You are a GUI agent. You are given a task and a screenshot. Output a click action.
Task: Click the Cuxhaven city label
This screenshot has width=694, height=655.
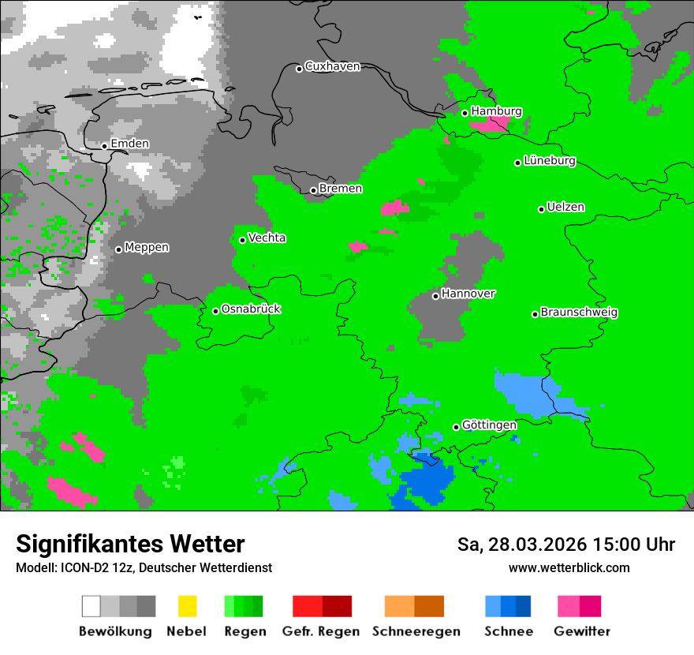[x=332, y=66]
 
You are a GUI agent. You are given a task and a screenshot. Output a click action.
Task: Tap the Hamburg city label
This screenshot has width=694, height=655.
[x=496, y=111]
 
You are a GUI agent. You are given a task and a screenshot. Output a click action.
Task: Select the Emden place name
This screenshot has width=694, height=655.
[x=129, y=144]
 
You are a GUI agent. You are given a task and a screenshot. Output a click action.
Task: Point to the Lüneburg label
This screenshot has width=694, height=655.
[x=549, y=160]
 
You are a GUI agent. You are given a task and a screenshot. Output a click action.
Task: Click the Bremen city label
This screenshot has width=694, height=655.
[x=340, y=189]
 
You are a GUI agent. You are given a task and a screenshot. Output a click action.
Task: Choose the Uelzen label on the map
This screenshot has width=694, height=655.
[x=565, y=207]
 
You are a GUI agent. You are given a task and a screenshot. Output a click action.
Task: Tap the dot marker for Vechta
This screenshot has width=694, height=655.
[x=242, y=240]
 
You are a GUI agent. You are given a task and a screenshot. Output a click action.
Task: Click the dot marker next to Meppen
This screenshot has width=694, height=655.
[x=118, y=249]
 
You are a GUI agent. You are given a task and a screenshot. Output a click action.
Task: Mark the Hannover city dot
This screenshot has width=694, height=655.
[x=435, y=296]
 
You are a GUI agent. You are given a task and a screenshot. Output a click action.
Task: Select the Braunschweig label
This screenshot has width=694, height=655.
[x=579, y=312]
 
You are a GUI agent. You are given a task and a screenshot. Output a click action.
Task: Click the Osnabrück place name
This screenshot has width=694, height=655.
[x=251, y=309]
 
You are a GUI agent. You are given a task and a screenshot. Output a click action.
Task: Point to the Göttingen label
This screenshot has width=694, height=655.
[x=489, y=425]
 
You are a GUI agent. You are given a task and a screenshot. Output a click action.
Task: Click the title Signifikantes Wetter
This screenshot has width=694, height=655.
[x=130, y=544]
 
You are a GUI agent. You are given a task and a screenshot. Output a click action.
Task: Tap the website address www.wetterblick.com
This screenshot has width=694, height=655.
[x=569, y=567]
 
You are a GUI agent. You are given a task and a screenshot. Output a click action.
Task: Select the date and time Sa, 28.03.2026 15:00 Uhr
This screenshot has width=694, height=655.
[x=565, y=545]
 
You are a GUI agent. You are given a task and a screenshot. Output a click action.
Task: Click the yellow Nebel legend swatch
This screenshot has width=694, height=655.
[x=187, y=606]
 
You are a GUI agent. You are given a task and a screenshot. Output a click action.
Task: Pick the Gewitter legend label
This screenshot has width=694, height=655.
[x=581, y=631]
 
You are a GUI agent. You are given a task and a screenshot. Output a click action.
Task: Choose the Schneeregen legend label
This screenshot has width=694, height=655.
[x=416, y=631]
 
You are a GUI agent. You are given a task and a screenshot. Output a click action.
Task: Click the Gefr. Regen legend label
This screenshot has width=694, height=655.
[x=321, y=631]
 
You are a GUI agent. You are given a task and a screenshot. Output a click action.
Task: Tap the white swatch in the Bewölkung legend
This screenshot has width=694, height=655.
[x=91, y=606]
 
